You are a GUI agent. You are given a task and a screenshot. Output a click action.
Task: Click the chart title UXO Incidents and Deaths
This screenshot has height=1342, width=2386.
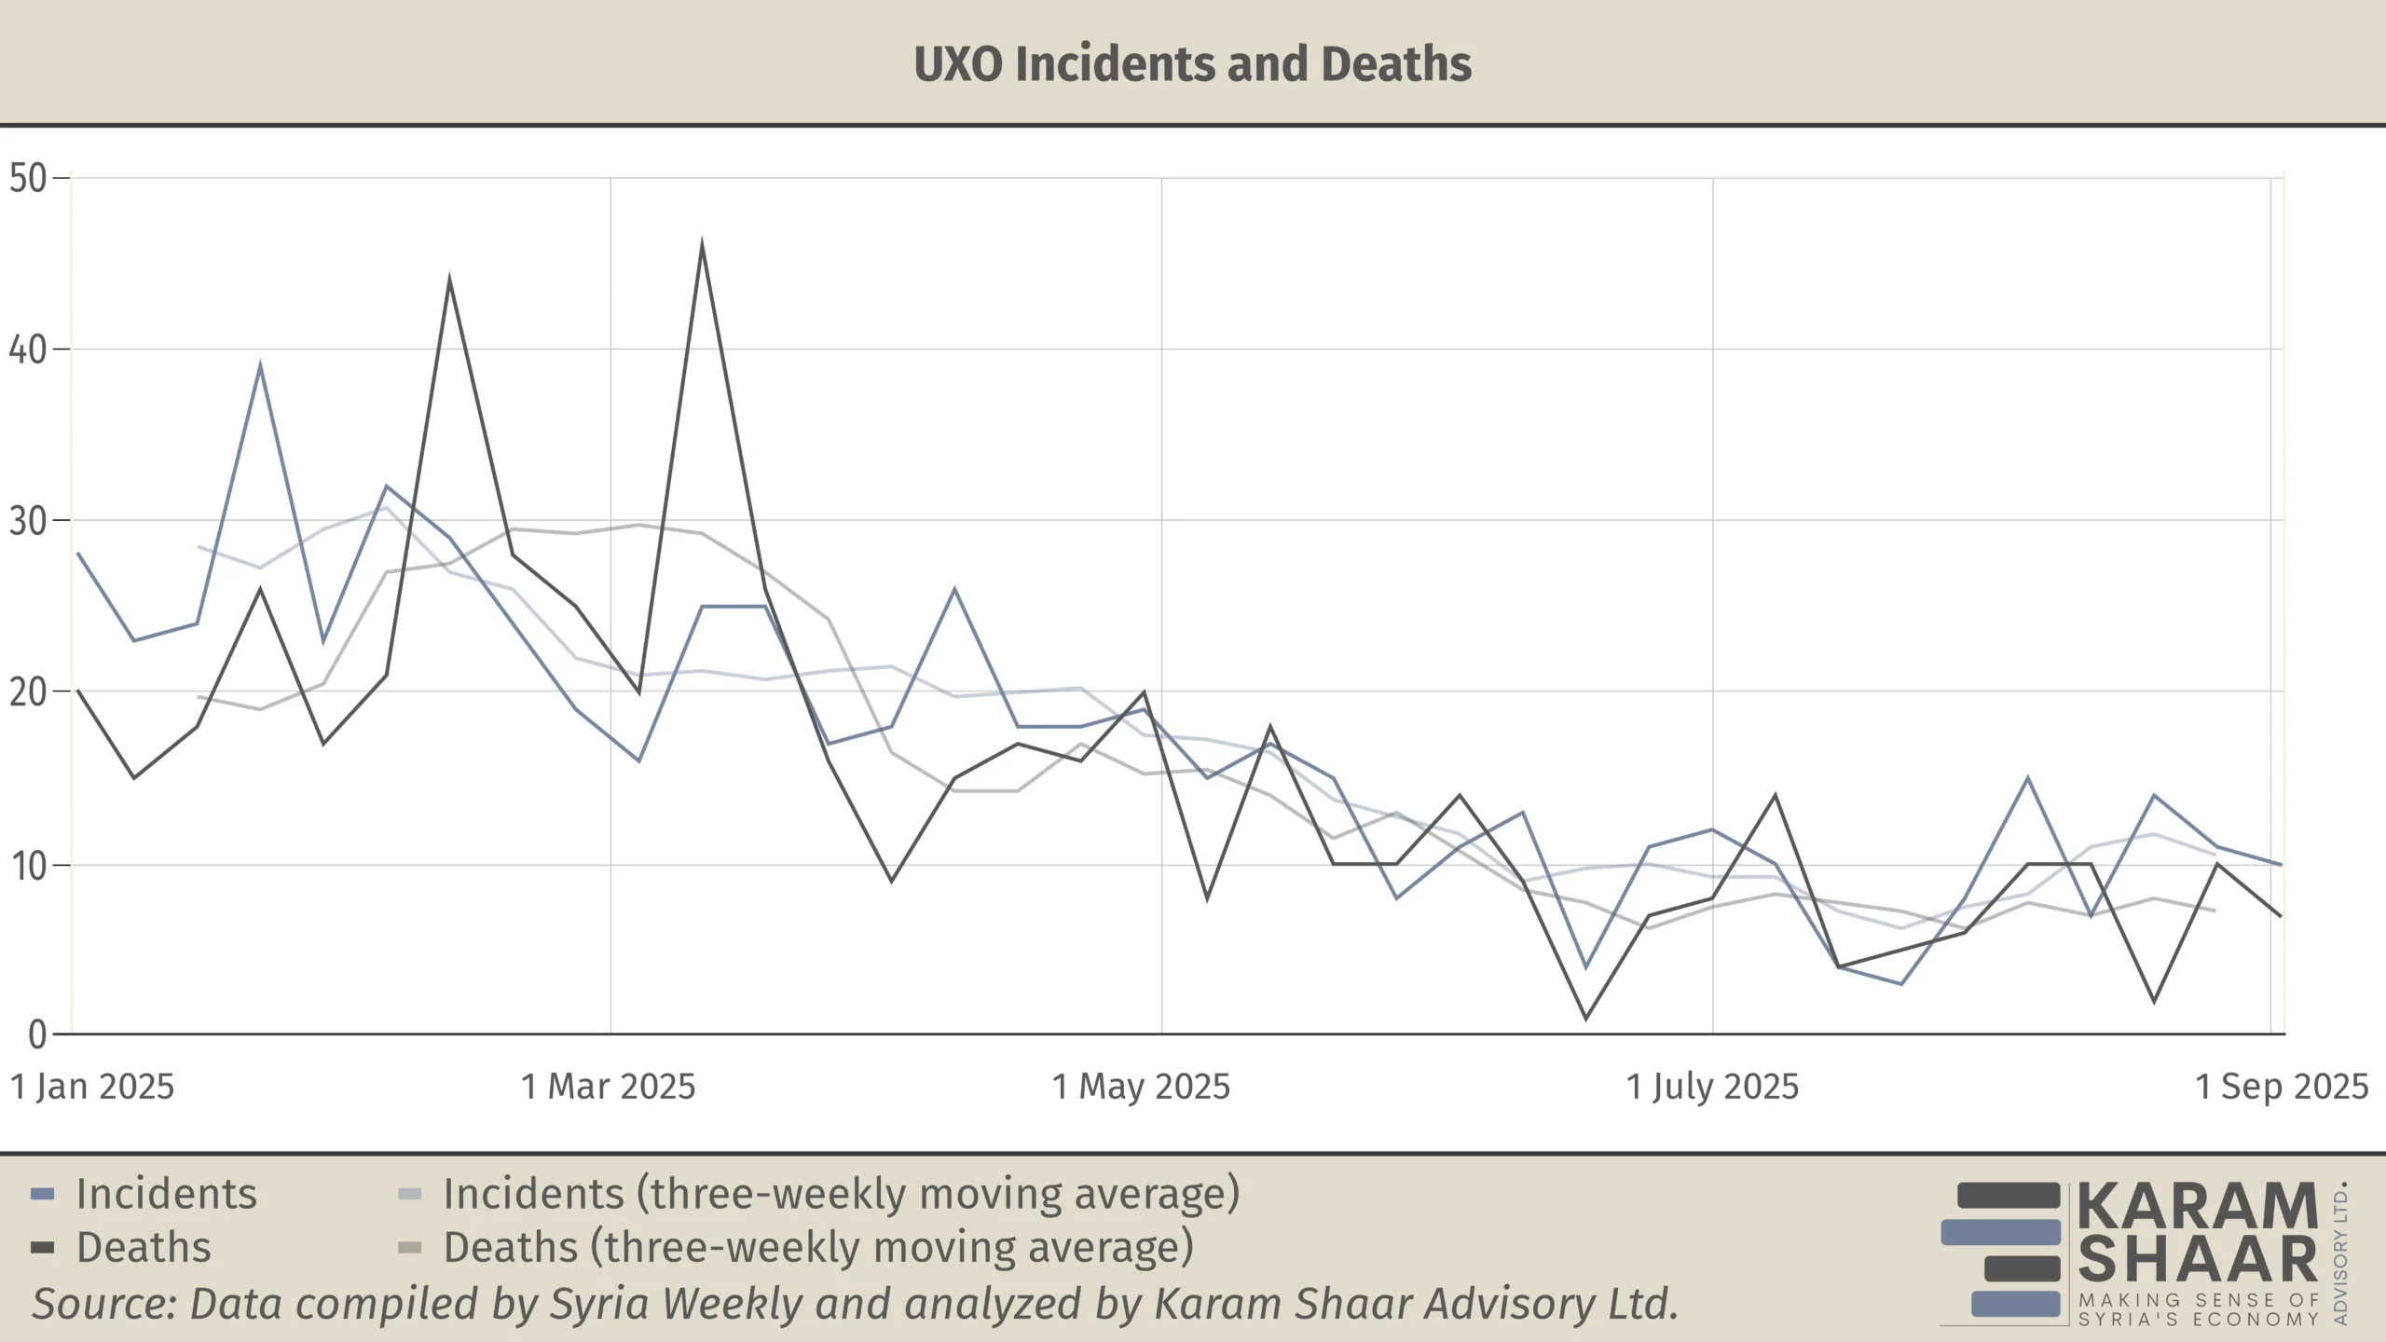(1192, 63)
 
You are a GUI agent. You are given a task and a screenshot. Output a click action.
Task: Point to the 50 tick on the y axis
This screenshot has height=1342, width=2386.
(28, 178)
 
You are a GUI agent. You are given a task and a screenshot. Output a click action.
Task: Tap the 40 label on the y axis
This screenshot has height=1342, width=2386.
(28, 349)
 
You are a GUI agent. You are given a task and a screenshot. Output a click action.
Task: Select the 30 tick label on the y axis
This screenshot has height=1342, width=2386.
(28, 521)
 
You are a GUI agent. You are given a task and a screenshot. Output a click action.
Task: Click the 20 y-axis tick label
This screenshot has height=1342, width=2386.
(28, 692)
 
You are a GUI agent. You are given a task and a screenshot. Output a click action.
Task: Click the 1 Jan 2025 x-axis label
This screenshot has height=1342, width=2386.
(92, 1087)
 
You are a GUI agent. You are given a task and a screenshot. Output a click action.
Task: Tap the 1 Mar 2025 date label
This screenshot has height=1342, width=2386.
(609, 1087)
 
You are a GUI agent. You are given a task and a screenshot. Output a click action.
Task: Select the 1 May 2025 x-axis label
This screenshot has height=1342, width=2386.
(1142, 1087)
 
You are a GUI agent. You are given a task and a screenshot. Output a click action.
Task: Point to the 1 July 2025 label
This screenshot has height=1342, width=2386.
(1712, 1087)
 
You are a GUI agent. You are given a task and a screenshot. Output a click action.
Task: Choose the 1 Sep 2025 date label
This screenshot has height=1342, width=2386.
(2282, 1087)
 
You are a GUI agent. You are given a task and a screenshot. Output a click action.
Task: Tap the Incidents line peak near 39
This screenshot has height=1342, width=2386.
(260, 365)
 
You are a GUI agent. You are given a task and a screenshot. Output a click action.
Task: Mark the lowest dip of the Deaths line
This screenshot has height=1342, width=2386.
(1586, 1018)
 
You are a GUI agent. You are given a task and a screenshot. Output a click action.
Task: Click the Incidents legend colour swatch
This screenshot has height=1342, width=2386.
(43, 1195)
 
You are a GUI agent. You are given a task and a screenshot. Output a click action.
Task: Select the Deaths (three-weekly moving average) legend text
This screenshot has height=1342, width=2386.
(818, 1248)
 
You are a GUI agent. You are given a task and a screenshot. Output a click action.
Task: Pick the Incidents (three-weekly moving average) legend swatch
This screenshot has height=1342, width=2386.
(410, 1195)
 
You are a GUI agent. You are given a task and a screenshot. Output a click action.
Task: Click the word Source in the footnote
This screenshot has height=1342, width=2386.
(103, 1304)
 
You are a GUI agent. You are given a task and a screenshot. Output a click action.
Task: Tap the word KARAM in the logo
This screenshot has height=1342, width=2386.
(2198, 1206)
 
